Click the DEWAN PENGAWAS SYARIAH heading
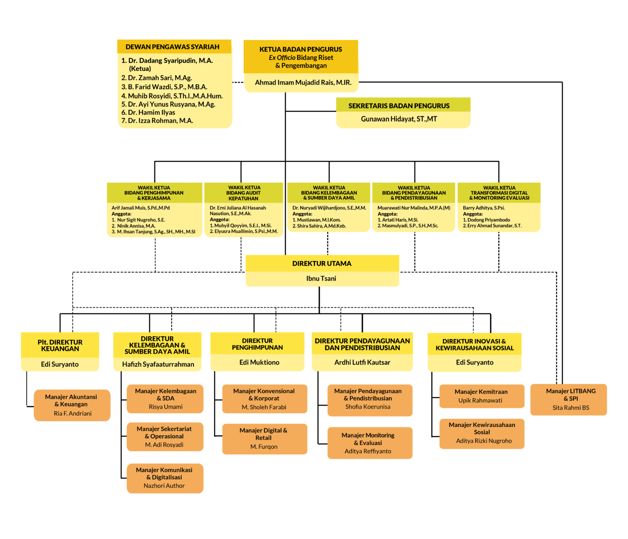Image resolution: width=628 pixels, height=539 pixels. (172, 47)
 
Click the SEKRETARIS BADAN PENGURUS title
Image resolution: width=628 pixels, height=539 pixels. (399, 106)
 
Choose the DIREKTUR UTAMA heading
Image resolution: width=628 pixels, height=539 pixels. (322, 263)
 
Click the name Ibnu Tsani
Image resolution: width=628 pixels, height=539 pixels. (321, 278)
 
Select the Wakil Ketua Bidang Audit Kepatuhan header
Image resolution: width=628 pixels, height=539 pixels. (244, 193)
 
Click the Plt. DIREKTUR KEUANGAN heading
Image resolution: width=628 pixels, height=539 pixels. (60, 345)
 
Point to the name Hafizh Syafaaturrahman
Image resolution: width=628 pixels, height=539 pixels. (158, 364)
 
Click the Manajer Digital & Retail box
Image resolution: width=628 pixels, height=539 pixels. (264, 438)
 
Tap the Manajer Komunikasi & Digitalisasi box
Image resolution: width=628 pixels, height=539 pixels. (164, 478)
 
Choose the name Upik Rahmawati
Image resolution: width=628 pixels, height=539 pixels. (480, 401)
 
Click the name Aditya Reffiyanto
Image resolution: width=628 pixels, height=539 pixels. (368, 451)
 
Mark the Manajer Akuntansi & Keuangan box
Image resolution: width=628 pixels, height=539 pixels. (71, 404)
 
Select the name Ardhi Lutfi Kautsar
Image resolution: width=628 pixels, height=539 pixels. (362, 363)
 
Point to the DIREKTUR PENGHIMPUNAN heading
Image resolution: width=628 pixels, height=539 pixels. (257, 344)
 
